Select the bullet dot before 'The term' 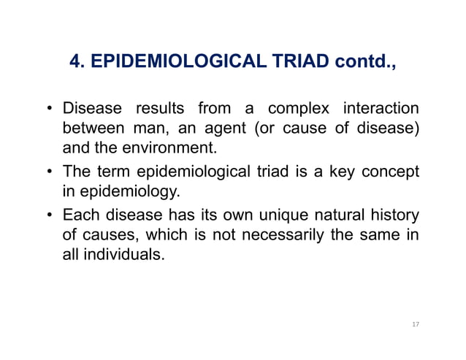(x=50, y=173)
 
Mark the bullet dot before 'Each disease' (x=50, y=217)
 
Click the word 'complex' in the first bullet (x=296, y=110)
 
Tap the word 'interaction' (x=380, y=110)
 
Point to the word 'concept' (x=393, y=172)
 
